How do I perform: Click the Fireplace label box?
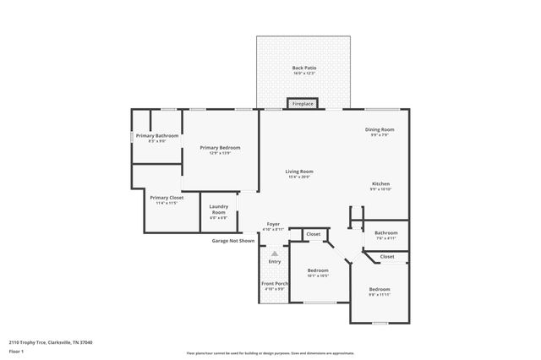click(303, 104)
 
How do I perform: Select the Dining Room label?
click(380, 130)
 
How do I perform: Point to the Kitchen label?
click(381, 183)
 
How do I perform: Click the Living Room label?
click(300, 172)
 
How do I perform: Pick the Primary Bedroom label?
click(215, 148)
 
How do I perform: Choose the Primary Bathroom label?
click(156, 136)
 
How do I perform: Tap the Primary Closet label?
click(165, 198)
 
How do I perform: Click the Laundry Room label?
click(218, 212)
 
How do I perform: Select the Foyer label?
click(273, 224)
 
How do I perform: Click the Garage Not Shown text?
click(232, 241)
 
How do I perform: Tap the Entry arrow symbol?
click(274, 253)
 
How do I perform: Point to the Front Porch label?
click(274, 283)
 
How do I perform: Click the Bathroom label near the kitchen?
click(386, 232)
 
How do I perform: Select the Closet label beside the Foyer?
click(313, 234)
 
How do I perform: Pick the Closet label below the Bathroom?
click(386, 256)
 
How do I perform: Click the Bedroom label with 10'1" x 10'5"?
click(318, 271)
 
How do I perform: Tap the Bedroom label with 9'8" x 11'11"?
click(379, 289)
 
